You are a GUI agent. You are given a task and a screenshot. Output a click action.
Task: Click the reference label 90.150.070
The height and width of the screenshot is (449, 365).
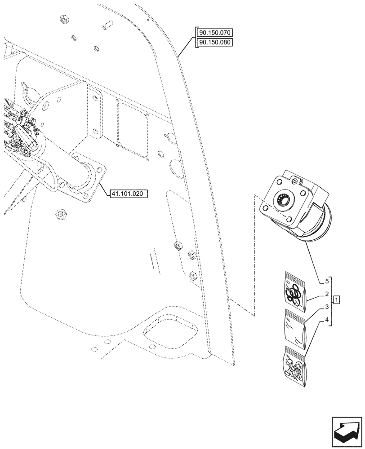(214, 33)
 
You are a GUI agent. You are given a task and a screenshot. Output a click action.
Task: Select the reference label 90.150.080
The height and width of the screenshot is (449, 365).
(214, 42)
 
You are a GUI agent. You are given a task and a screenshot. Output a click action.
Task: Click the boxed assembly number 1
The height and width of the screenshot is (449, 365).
(337, 299)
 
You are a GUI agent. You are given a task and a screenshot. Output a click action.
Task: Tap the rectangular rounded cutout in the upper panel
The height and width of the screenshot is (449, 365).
(133, 128)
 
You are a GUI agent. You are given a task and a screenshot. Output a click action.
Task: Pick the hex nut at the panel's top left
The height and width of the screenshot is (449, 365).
(62, 19)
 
